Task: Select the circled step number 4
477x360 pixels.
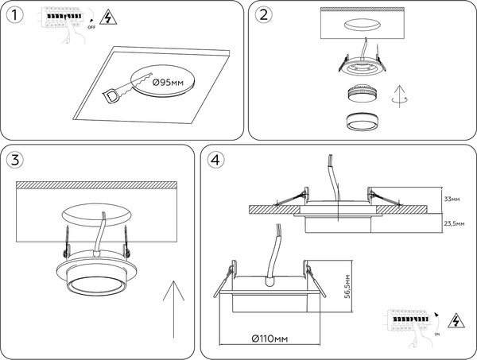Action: (x=214, y=160)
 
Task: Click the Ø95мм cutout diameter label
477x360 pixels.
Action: (x=169, y=83)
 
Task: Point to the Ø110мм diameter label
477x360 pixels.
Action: (x=268, y=339)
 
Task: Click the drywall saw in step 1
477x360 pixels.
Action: (x=125, y=87)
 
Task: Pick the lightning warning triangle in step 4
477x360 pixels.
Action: (x=457, y=321)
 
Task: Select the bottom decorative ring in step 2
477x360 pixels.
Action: (x=363, y=122)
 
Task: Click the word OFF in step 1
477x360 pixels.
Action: (x=91, y=26)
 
